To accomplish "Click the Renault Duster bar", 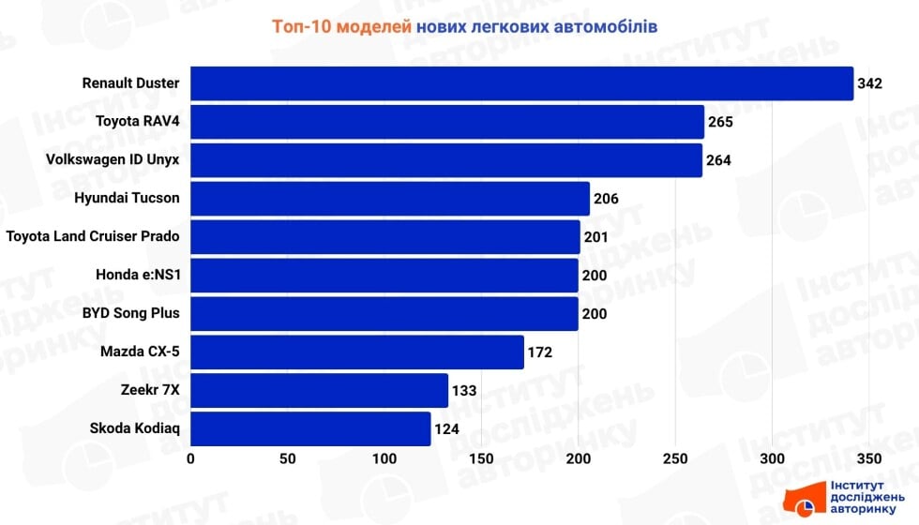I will click(x=521, y=83).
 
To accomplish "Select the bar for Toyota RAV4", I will click(x=447, y=122).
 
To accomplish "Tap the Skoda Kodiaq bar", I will click(x=310, y=428).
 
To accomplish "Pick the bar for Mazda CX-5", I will click(x=357, y=352).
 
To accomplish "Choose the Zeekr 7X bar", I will click(x=320, y=391).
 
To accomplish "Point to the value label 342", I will click(x=870, y=84).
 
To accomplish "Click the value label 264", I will click(x=718, y=160).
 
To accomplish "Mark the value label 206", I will click(x=606, y=199).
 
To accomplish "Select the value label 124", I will click(x=446, y=429).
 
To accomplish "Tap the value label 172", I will click(x=539, y=352).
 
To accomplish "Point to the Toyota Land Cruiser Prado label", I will click(x=92, y=236).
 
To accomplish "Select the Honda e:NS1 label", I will click(x=137, y=275).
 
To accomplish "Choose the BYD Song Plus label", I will click(x=130, y=313).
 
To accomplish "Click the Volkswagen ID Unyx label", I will click(x=113, y=159).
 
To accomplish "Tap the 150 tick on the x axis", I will click(x=481, y=459).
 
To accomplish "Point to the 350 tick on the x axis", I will click(x=868, y=459).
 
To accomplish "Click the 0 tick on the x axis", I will click(x=190, y=459).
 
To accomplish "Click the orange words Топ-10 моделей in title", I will click(x=341, y=26).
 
